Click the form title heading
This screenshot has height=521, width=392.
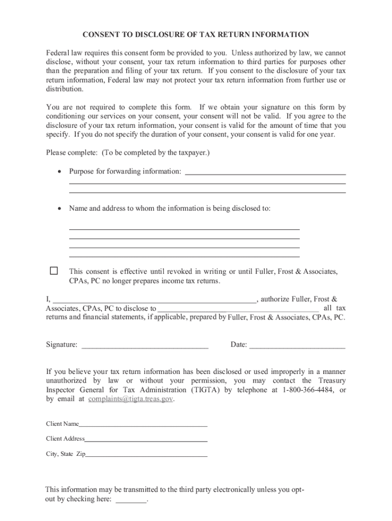pyautogui.click(x=196, y=35)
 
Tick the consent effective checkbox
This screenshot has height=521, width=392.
pyautogui.click(x=53, y=271)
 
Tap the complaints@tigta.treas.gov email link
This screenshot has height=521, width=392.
pyautogui.click(x=130, y=399)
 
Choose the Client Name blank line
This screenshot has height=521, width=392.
pyautogui.click(x=143, y=424)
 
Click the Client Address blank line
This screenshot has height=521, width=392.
pyautogui.click(x=146, y=439)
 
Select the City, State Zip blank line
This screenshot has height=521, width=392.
pyautogui.click(x=147, y=454)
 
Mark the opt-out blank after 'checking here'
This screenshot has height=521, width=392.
pyautogui.click(x=131, y=500)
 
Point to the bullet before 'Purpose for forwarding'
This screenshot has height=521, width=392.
pyautogui.click(x=60, y=171)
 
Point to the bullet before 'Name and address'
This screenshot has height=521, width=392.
pyautogui.click(x=60, y=208)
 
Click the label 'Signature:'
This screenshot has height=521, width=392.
pyautogui.click(x=62, y=345)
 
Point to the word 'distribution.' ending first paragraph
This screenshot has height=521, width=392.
pyautogui.click(x=65, y=89)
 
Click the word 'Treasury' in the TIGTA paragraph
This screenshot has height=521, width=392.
pyautogui.click(x=332, y=381)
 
